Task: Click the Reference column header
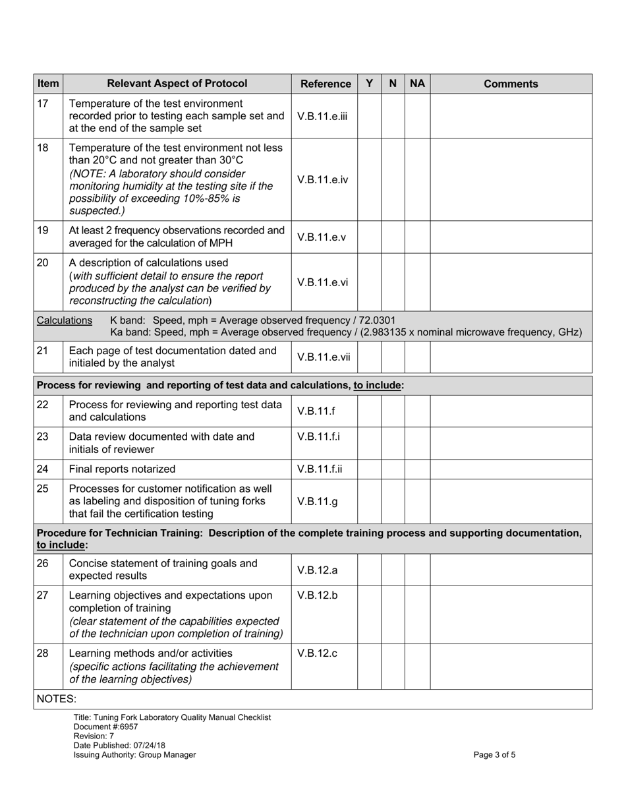pos(325,84)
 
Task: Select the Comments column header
pos(511,84)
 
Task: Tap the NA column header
pos(417,84)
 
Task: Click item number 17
pos(43,104)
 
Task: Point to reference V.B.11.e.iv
pos(322,179)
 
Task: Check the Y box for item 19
pos(369,237)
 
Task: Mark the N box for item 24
pos(393,469)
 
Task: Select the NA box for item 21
pos(417,357)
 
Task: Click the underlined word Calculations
pos(65,320)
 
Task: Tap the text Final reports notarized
pos(122,469)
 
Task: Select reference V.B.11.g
pos(317,501)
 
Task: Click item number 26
pos(43,564)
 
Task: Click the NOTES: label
pos(56,699)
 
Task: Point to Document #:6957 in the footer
pos(106,727)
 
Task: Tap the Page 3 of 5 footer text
pos(494,755)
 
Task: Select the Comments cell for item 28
pos(511,666)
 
